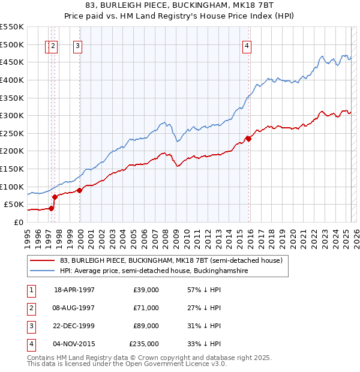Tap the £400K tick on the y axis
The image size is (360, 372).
click(x=12, y=80)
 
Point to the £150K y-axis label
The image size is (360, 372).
click(x=12, y=169)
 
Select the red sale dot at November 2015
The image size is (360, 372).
click(x=248, y=139)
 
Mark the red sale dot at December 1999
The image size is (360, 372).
click(x=80, y=190)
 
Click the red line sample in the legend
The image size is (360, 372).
click(x=43, y=260)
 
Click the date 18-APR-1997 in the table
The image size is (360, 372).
click(x=74, y=290)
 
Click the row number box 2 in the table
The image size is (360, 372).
click(x=30, y=308)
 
